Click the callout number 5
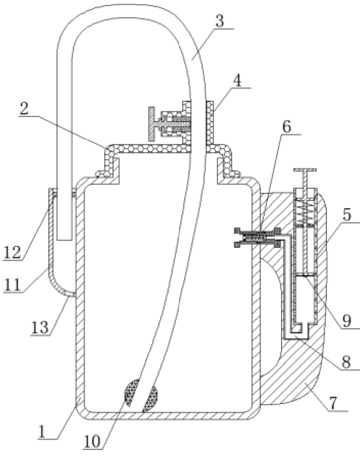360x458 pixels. (347, 214)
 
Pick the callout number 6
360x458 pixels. (287, 126)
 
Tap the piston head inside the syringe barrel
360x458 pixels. (304, 275)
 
